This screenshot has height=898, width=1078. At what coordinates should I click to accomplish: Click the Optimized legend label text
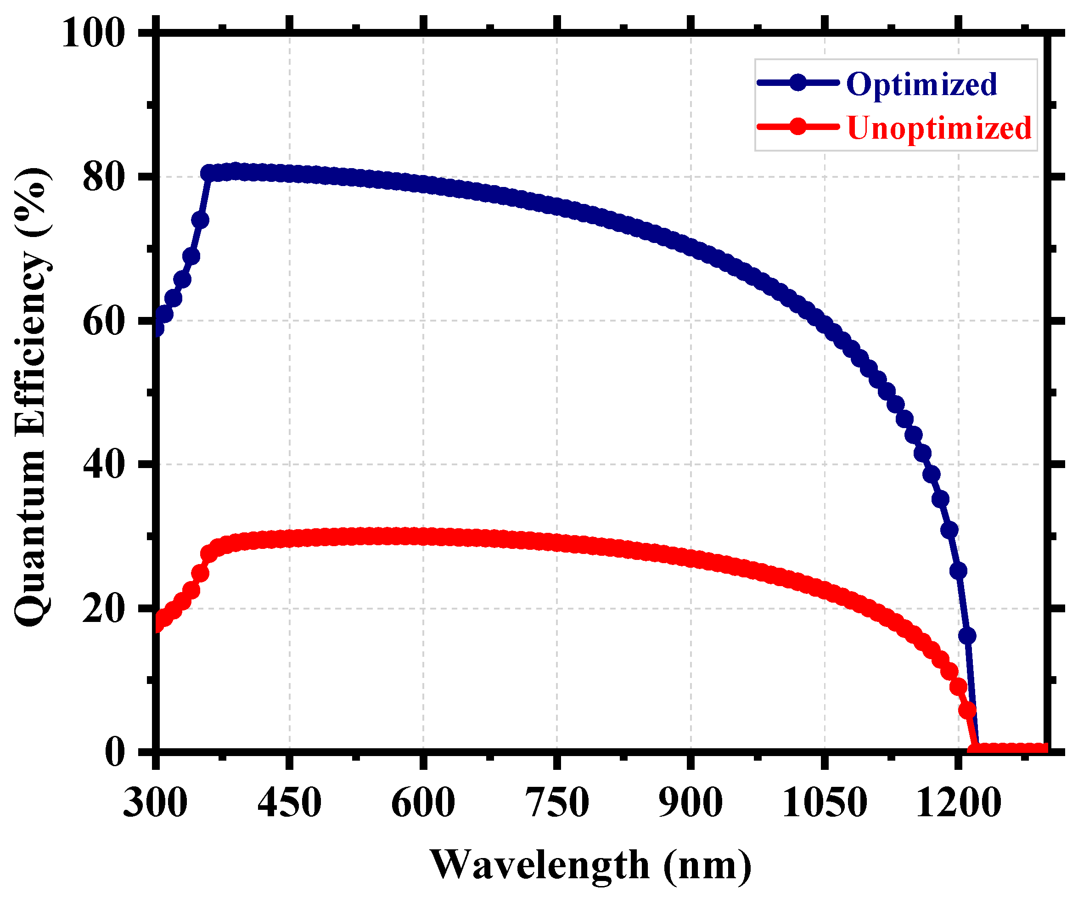pyautogui.click(x=921, y=85)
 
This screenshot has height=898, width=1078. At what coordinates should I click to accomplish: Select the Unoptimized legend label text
pyautogui.click(x=939, y=128)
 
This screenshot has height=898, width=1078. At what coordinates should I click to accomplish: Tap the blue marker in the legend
pyautogui.click(x=798, y=82)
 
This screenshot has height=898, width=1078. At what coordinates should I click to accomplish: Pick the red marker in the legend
pyautogui.click(x=798, y=126)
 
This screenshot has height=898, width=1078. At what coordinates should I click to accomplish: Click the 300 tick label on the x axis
pyautogui.click(x=156, y=803)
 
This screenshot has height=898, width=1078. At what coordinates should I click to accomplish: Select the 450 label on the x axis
pyautogui.click(x=290, y=803)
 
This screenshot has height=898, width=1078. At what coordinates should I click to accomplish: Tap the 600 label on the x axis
pyautogui.click(x=423, y=803)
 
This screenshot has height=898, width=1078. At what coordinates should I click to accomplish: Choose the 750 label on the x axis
pyautogui.click(x=557, y=803)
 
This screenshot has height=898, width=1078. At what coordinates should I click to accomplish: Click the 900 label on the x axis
pyautogui.click(x=691, y=803)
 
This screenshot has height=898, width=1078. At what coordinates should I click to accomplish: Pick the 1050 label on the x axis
pyautogui.click(x=825, y=803)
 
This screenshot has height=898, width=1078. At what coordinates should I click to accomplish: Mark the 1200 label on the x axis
pyautogui.click(x=958, y=803)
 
